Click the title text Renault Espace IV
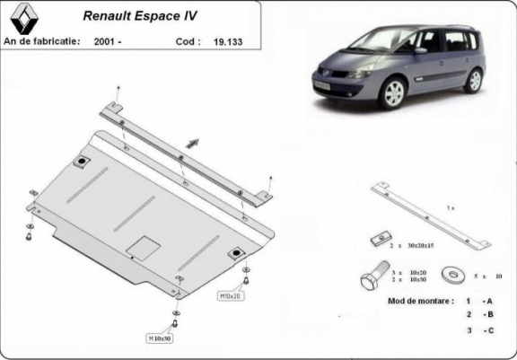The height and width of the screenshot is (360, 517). [x=141, y=15]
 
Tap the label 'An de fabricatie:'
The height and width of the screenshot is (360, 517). [x=42, y=41]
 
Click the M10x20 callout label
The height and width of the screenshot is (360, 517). [x=229, y=294]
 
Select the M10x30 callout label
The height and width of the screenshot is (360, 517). [x=162, y=338]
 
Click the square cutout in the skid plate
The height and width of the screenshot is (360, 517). [x=143, y=246]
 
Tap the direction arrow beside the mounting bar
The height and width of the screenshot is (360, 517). [x=192, y=143]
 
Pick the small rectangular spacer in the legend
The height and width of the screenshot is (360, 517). [x=378, y=239]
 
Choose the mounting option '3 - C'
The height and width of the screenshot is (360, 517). [x=478, y=331]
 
